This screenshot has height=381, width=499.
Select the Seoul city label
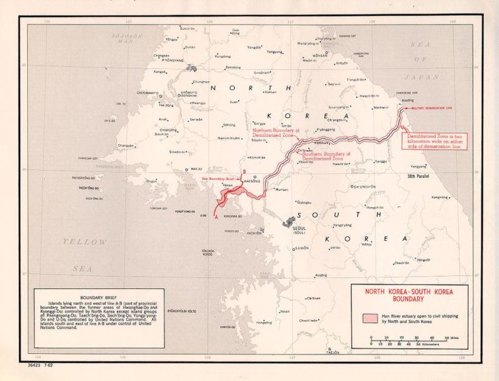coord(299,228)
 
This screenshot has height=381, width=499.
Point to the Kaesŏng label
coord(250,182)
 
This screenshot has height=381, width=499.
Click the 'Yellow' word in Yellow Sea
coord(75,242)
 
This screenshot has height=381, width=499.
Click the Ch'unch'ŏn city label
coord(364,186)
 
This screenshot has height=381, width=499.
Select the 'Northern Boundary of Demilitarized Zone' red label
coord(276,133)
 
